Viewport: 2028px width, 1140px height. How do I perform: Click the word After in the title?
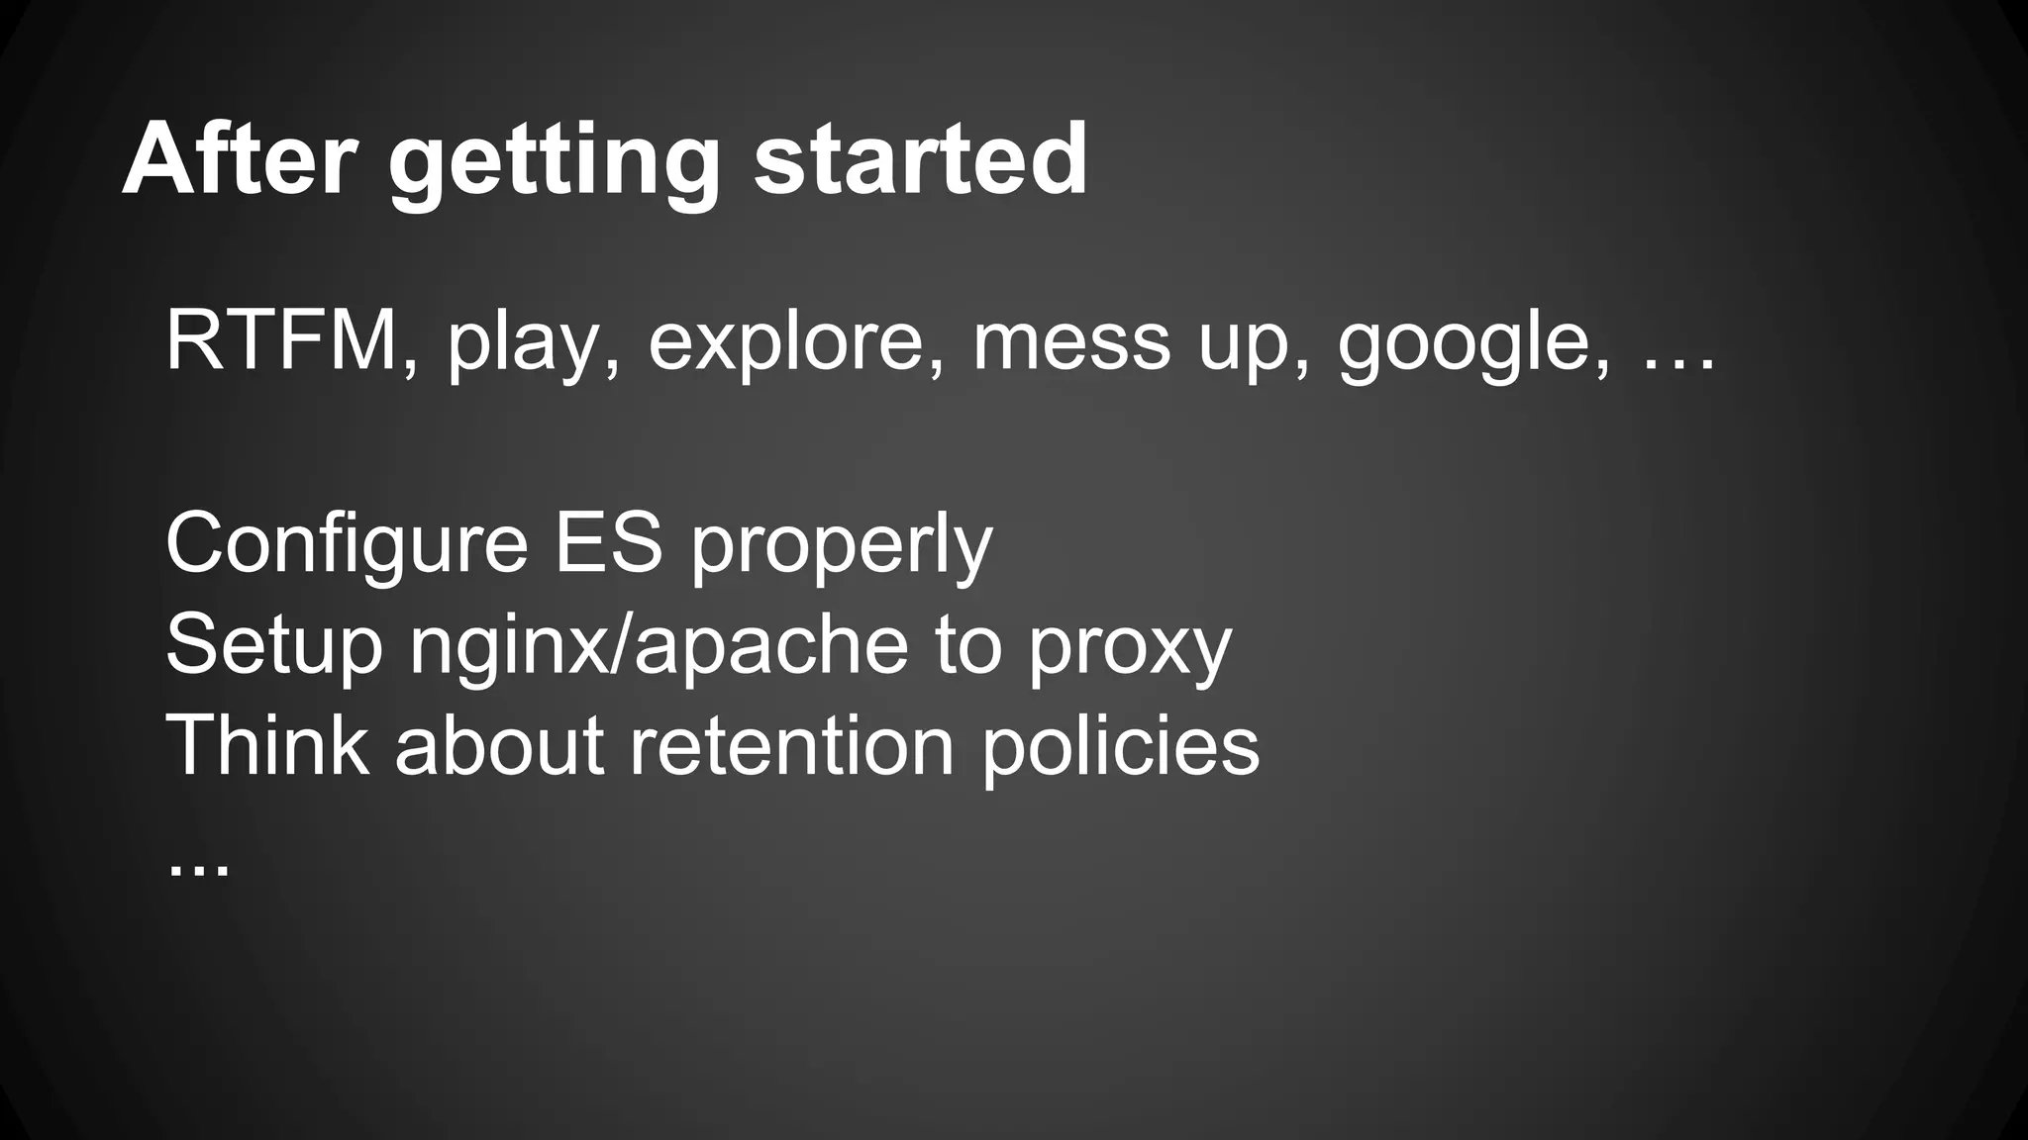[238, 160]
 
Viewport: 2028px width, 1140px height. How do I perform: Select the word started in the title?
[920, 160]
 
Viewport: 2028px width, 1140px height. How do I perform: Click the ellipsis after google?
[1678, 366]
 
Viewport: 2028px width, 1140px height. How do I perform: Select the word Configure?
[347, 545]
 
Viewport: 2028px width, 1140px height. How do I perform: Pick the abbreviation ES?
[607, 543]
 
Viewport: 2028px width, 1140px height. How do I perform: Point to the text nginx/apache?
[659, 648]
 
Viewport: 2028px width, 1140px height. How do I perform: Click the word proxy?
[1129, 651]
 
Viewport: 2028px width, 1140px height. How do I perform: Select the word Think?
[266, 746]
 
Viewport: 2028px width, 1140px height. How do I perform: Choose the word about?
[499, 746]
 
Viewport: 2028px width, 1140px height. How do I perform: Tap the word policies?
[1120, 748]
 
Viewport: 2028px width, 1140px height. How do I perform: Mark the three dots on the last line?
[198, 869]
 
